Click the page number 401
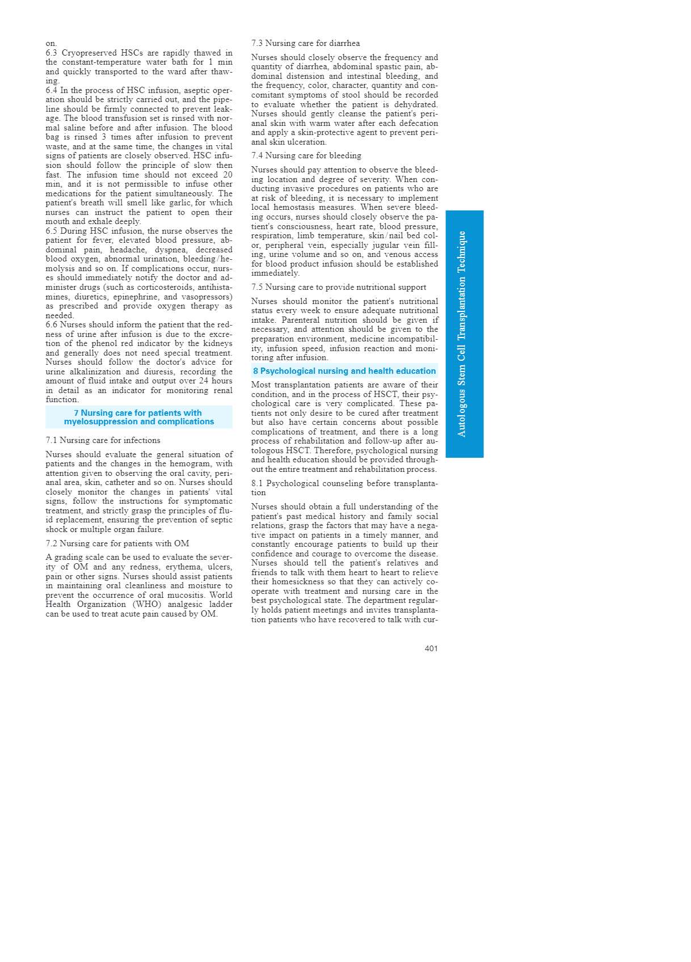(431, 648)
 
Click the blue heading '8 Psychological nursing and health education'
(344, 371)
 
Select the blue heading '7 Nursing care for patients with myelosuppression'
(138, 417)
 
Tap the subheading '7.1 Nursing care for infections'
(103, 440)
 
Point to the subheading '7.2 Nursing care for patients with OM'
(117, 543)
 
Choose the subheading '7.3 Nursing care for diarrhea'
(305, 43)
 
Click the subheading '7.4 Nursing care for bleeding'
(306, 155)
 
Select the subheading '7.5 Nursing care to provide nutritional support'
(339, 287)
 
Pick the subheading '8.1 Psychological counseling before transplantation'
(344, 488)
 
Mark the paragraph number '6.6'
(52, 324)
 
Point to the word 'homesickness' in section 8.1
(294, 581)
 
